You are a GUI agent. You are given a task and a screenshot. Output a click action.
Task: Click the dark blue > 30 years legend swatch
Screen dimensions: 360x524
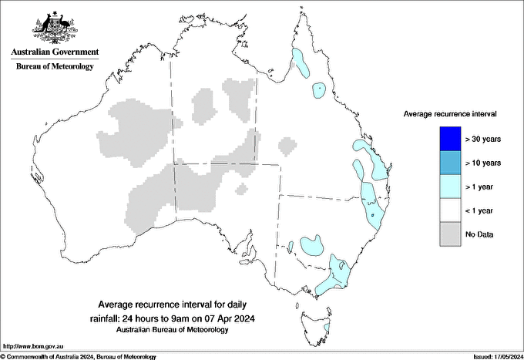pos(451,139)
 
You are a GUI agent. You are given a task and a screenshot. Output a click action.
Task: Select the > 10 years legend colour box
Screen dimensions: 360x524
pos(451,163)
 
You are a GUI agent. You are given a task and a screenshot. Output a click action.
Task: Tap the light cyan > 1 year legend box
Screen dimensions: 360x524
pos(451,187)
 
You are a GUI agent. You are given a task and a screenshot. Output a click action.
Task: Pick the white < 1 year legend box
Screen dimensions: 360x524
pos(451,210)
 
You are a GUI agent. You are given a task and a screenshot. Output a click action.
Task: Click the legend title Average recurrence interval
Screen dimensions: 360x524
pos(450,113)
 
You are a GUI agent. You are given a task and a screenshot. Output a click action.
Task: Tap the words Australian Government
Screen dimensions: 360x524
pos(54,52)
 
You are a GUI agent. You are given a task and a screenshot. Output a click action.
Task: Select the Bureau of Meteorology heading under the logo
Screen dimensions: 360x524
pos(54,66)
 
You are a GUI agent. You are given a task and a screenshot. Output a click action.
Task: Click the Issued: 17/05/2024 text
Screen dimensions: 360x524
pos(493,356)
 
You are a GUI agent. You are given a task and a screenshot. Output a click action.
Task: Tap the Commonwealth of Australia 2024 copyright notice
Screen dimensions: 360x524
pos(77,356)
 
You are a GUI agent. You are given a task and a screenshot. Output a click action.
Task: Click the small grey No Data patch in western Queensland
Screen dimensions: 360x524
pos(287,145)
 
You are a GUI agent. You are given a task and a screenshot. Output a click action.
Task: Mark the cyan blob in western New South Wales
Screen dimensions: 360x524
pos(311,245)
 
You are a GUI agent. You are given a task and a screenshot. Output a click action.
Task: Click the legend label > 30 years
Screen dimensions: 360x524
pos(483,139)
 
